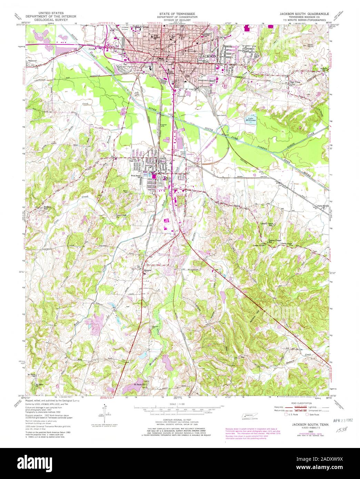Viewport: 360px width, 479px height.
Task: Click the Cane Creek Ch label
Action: tap(121, 216)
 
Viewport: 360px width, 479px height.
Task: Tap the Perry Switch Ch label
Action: tap(320, 207)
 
